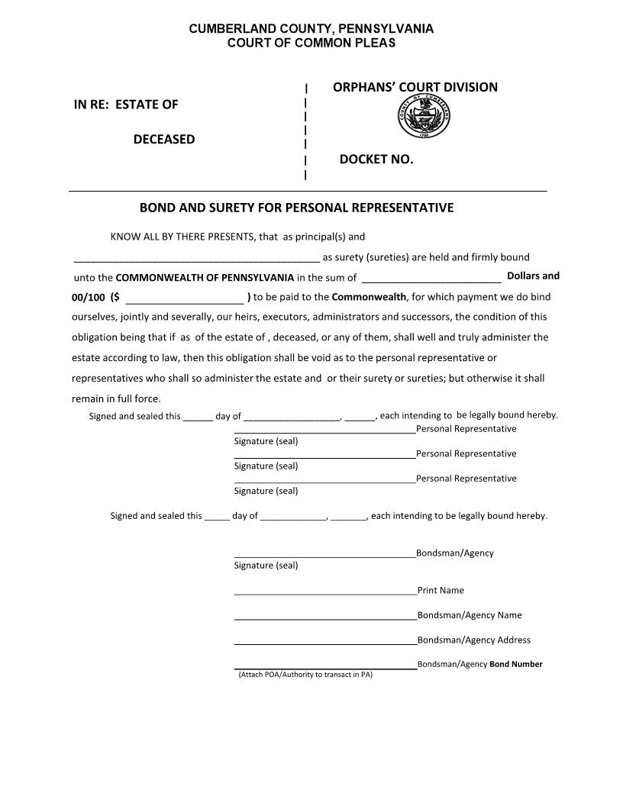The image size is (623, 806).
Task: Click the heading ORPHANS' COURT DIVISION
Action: pos(415,87)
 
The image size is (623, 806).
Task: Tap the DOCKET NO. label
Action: pos(376,160)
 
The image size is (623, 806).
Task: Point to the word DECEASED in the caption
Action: pos(164,140)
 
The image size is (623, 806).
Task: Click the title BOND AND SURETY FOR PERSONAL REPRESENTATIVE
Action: pos(296,208)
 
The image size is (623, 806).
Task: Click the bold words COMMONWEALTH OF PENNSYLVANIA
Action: pos(205,277)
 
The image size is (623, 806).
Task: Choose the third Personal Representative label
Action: pos(466,479)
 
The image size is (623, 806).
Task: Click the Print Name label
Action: pos(441,591)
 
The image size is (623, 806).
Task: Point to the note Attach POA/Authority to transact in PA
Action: pos(305,675)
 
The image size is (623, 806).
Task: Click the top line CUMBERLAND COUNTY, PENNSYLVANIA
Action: pos(311,29)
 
